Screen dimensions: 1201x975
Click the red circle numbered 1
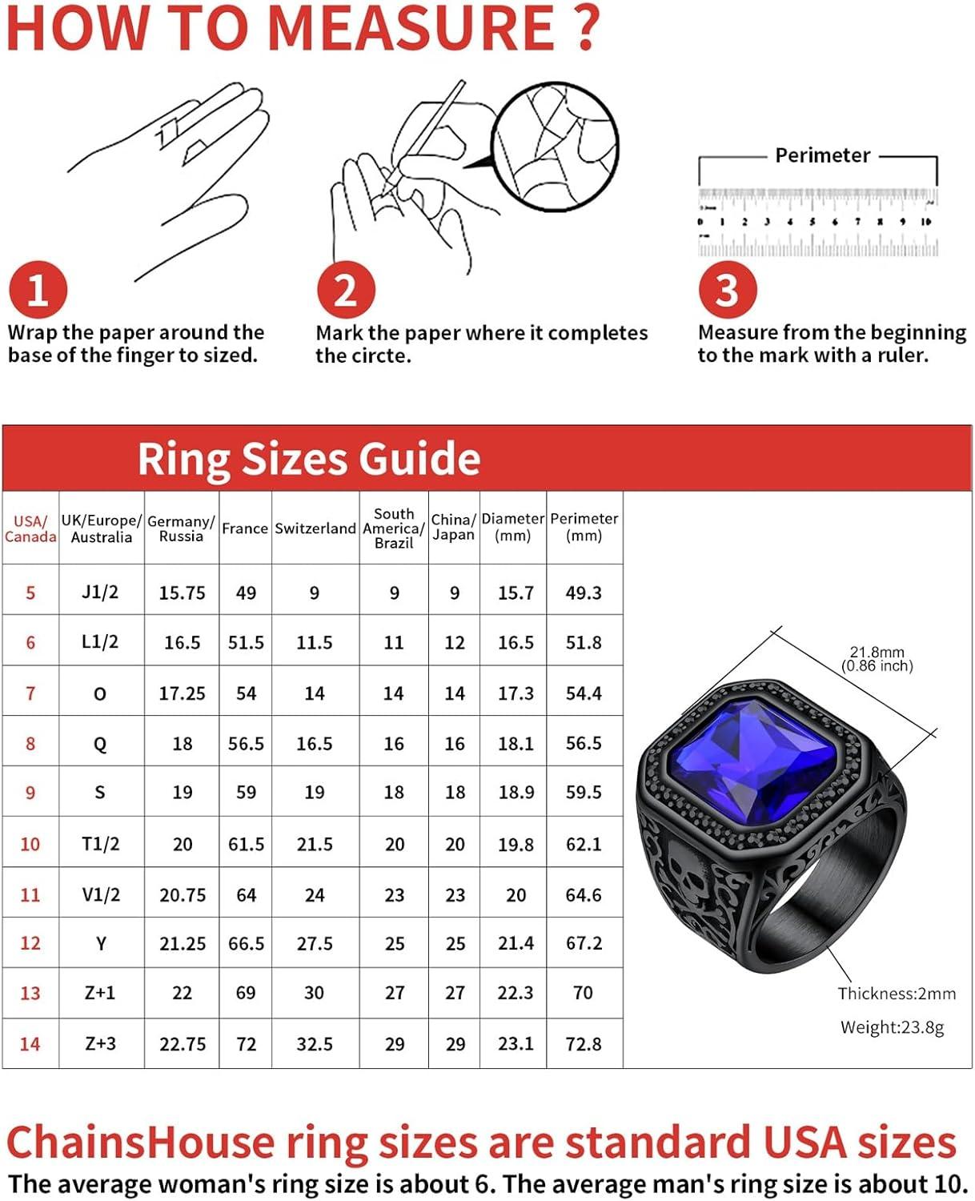[x=37, y=289]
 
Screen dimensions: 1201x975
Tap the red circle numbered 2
[x=345, y=289]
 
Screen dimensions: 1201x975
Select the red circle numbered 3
[x=727, y=289]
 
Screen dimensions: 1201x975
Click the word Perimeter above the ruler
[x=822, y=155]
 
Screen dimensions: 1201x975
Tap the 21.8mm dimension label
[x=877, y=653]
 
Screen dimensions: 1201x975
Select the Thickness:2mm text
[x=897, y=994]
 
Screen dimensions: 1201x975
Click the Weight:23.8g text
[x=892, y=1027]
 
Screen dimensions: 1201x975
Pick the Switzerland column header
[x=315, y=528]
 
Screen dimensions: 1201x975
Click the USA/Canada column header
[x=30, y=528]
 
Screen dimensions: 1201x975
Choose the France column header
[x=245, y=528]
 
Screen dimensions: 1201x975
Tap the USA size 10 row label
[x=30, y=844]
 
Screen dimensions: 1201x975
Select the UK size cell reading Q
[x=100, y=744]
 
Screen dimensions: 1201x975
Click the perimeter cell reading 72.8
[x=584, y=1044]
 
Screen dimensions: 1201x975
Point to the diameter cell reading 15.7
[x=515, y=593]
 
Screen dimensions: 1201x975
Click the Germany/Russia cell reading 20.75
[x=182, y=895]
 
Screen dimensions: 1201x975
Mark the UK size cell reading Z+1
[x=100, y=993]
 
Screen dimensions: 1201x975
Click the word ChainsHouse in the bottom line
[x=139, y=1142]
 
